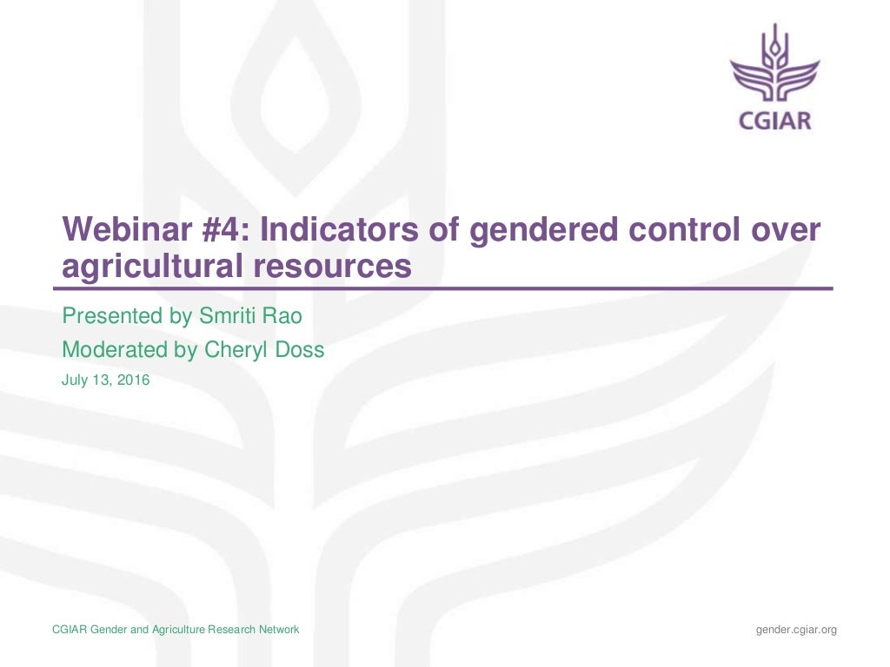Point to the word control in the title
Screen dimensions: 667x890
678,231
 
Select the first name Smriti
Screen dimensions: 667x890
225,316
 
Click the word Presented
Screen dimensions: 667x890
113,316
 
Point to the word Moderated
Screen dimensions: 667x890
117,350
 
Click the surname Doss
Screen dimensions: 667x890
301,350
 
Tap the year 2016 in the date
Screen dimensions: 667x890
132,380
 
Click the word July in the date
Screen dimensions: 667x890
76,380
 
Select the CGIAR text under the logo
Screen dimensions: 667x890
774,121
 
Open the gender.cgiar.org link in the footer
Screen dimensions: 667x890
796,630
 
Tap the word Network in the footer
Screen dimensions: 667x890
277,630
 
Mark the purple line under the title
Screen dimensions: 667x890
443,287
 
